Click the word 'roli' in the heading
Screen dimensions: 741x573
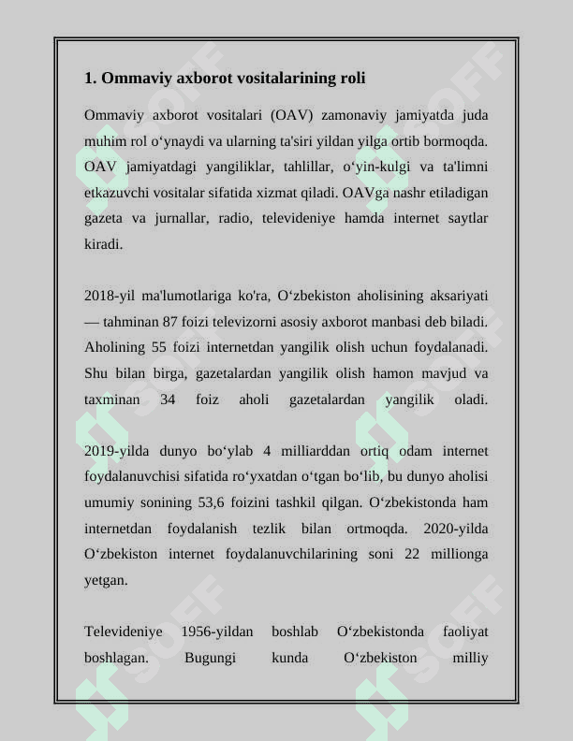351,78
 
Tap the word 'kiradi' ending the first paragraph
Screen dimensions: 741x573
102,243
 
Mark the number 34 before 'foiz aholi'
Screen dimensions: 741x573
169,400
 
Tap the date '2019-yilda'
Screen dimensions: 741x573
116,451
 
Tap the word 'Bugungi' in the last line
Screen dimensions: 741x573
210,657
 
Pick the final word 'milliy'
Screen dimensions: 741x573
470,657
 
